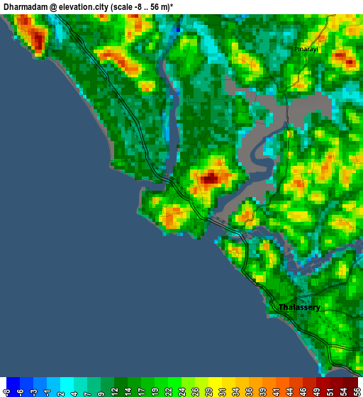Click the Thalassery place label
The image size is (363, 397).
[x=299, y=308]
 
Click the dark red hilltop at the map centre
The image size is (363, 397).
[x=209, y=179]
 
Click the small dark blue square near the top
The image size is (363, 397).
[x=177, y=30]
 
